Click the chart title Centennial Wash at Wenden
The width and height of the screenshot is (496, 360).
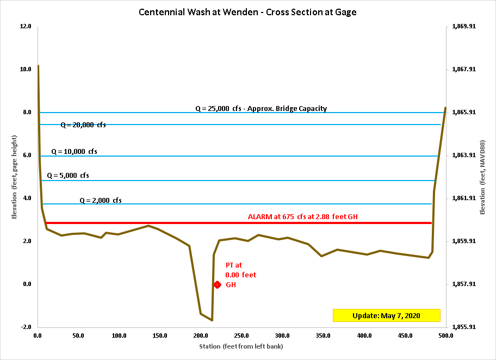tap(247, 11)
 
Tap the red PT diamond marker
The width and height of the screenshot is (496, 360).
tap(217, 284)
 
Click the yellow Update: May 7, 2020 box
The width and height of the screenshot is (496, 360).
tap(386, 315)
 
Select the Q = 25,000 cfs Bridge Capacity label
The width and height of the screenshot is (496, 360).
tap(261, 108)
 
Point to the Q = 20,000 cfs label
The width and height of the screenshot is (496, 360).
tap(83, 125)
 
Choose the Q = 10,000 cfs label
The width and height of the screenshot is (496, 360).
tap(75, 152)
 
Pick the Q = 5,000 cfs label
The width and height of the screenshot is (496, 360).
tap(68, 176)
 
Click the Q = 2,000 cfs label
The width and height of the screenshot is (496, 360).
tap(101, 200)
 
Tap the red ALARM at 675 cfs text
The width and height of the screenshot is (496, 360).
tap(302, 216)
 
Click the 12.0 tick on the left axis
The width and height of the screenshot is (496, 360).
tap(26, 26)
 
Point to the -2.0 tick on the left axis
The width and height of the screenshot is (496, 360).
tap(26, 327)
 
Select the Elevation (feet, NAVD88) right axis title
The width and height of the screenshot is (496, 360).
tap(483, 176)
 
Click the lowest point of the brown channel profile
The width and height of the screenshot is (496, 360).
tap(212, 320)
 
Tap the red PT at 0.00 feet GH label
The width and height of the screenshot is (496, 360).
tap(240, 275)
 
